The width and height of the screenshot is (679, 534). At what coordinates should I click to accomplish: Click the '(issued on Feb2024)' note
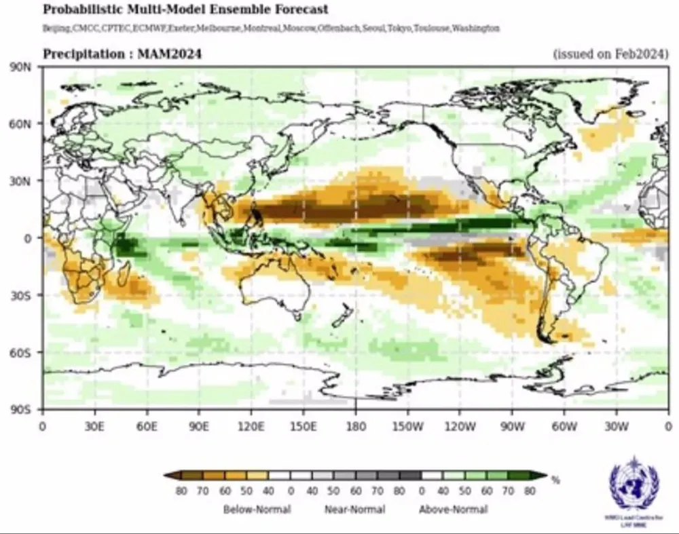(x=610, y=54)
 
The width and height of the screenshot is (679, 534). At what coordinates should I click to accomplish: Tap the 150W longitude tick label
(x=407, y=427)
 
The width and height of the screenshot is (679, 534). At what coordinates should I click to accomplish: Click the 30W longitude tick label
(x=616, y=427)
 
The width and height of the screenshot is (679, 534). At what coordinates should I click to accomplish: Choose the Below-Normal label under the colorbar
(x=258, y=509)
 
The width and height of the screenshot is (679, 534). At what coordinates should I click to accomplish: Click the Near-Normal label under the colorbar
(x=354, y=509)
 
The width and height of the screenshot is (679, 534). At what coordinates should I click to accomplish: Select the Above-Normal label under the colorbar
(x=453, y=509)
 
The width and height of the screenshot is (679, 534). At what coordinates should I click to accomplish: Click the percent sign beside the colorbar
(x=556, y=480)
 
